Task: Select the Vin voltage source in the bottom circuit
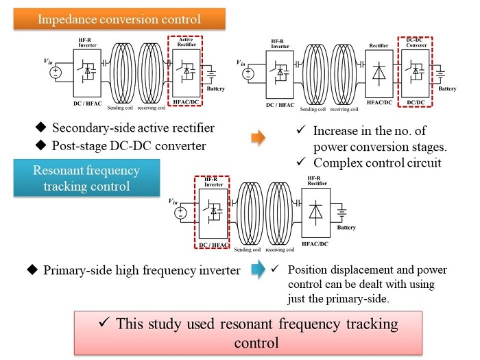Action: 181,212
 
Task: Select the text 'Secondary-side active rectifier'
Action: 133,128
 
